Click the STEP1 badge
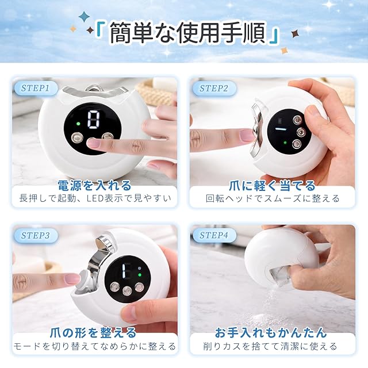point(36,88)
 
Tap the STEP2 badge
point(214,88)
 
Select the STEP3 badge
point(36,235)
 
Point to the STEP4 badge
point(214,235)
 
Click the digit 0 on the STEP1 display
point(93,119)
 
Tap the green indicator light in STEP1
point(78,124)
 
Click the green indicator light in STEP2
point(285,143)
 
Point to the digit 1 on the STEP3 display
point(124,270)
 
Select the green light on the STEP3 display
point(140,275)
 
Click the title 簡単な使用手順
point(188,33)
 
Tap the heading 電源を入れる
point(94,185)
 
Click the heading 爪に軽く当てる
point(272,186)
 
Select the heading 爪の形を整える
point(93,332)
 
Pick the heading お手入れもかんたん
point(271,332)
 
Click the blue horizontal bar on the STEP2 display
point(281,129)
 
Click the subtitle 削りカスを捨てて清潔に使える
point(270,346)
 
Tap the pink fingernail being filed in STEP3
point(73,279)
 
